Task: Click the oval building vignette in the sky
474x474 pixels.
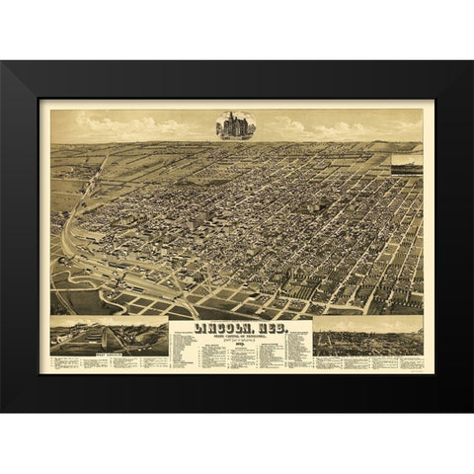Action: coord(236,125)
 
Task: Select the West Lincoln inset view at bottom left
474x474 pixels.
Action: coord(107,335)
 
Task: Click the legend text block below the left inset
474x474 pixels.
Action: coord(107,361)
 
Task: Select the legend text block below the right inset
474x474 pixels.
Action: coord(367,361)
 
